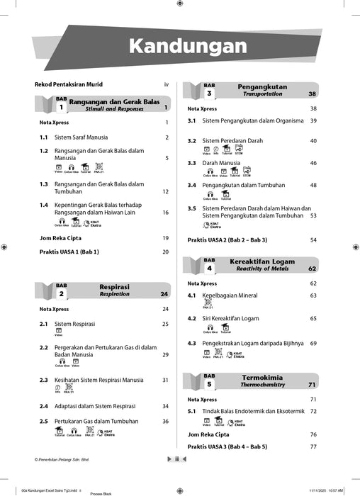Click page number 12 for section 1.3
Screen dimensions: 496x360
165,191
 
